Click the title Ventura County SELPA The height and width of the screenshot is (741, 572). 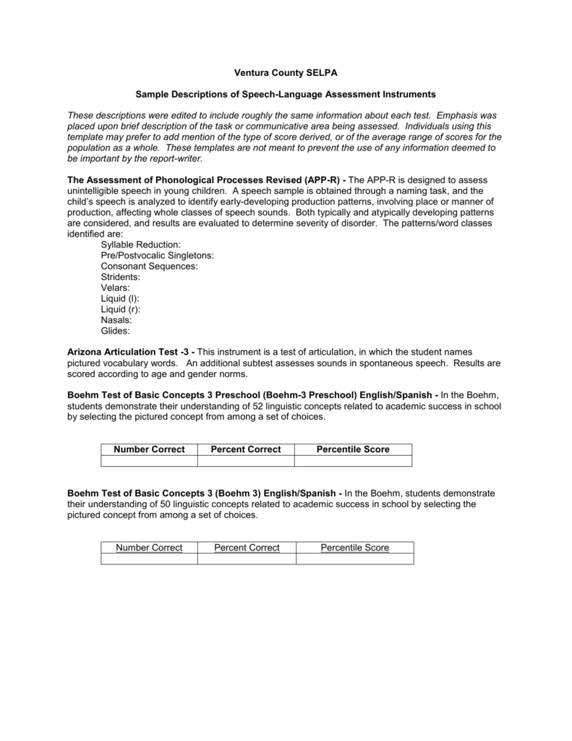[x=286, y=73]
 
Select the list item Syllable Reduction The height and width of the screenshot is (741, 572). [x=140, y=245]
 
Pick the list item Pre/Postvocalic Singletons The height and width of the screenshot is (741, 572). [x=157, y=255]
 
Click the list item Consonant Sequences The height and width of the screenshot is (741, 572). [x=149, y=266]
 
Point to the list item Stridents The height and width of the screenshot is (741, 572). [x=121, y=277]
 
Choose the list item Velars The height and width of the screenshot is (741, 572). [x=116, y=288]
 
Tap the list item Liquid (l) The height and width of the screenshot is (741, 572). [x=120, y=298]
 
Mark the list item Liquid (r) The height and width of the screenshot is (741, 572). [x=121, y=309]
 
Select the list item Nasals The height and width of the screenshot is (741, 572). [x=116, y=320]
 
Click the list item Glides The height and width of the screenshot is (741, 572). [x=116, y=331]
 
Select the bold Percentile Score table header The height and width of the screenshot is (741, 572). [x=353, y=449]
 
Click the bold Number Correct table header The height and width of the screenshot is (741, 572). [x=149, y=449]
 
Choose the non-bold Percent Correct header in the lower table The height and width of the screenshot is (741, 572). [x=247, y=548]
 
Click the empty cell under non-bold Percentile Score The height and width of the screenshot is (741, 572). [x=354, y=559]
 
